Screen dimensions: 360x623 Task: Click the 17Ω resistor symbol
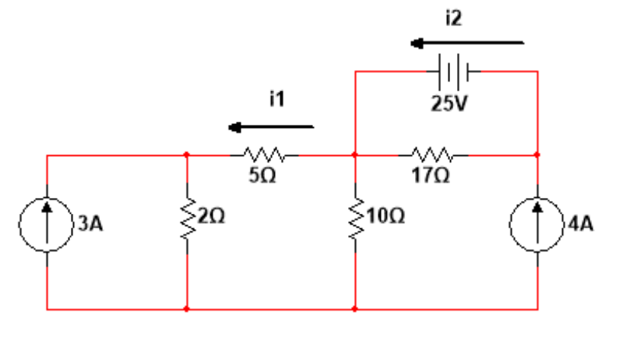[432, 155]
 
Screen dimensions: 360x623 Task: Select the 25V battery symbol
[454, 72]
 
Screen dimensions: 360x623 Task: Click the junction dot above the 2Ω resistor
[187, 155]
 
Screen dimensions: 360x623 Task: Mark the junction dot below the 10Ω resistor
[355, 309]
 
